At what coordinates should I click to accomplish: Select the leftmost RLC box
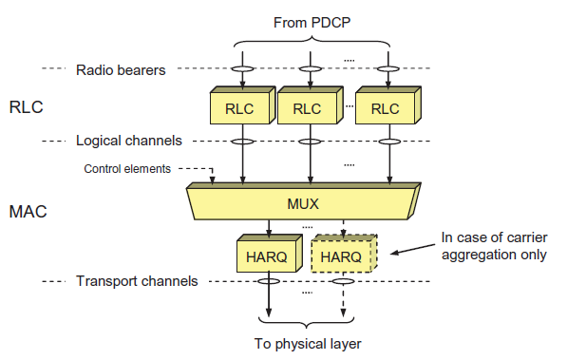[x=238, y=107]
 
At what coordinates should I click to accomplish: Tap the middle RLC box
[x=306, y=107]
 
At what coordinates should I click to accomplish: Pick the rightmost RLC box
[x=384, y=107]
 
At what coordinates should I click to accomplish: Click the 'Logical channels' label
[x=127, y=141]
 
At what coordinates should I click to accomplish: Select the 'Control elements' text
[x=127, y=169]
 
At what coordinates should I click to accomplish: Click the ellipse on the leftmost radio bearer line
[x=242, y=68]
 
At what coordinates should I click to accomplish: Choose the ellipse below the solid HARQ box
[x=271, y=281]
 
